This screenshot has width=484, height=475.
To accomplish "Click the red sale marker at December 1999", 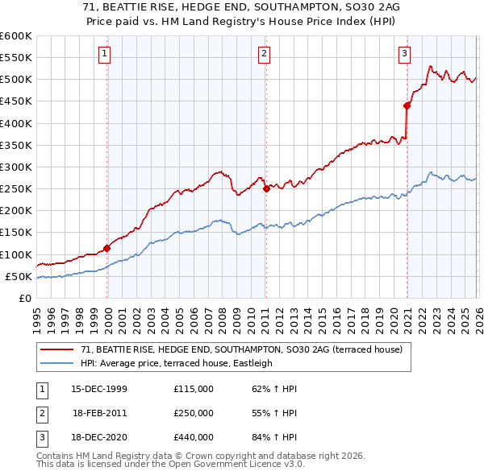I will pyautogui.click(x=107, y=248).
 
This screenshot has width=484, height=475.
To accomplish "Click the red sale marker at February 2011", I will pyautogui.click(x=266, y=189).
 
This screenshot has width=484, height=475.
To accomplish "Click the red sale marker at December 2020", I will pyautogui.click(x=407, y=105).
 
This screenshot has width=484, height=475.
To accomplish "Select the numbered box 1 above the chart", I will pyautogui.click(x=106, y=54).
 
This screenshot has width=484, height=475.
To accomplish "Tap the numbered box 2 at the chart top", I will pyautogui.click(x=265, y=54).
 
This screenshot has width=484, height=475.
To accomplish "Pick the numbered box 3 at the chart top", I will pyautogui.click(x=404, y=54).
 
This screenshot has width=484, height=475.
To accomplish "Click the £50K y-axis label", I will pyautogui.click(x=19, y=276).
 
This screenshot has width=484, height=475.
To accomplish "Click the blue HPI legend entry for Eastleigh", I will pyautogui.click(x=177, y=363).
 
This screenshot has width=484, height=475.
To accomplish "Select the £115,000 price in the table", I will pyautogui.click(x=194, y=389).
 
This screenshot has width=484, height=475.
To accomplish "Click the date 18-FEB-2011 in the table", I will pyautogui.click(x=99, y=412).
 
